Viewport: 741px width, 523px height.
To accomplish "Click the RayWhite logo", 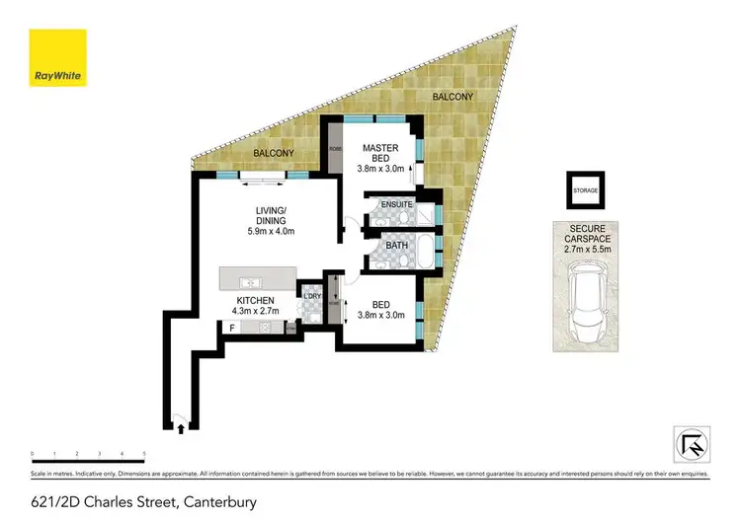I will pyautogui.click(x=57, y=58).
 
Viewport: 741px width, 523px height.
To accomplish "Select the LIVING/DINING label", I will pyautogui.click(x=270, y=215).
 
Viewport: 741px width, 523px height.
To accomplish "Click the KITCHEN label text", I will pyautogui.click(x=254, y=299).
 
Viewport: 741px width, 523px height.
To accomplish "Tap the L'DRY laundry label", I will pyautogui.click(x=312, y=296).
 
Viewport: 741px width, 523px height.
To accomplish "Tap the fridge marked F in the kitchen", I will pyautogui.click(x=232, y=327).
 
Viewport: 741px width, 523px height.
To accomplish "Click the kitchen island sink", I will pyautogui.click(x=253, y=282).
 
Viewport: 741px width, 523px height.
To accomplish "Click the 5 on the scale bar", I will pyautogui.click(x=144, y=454).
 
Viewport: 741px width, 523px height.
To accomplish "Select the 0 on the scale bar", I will pyautogui.click(x=33, y=454).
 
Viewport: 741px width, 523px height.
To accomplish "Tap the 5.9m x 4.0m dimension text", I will pyautogui.click(x=271, y=232).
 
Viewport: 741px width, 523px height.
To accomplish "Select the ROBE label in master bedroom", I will pyautogui.click(x=335, y=148).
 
